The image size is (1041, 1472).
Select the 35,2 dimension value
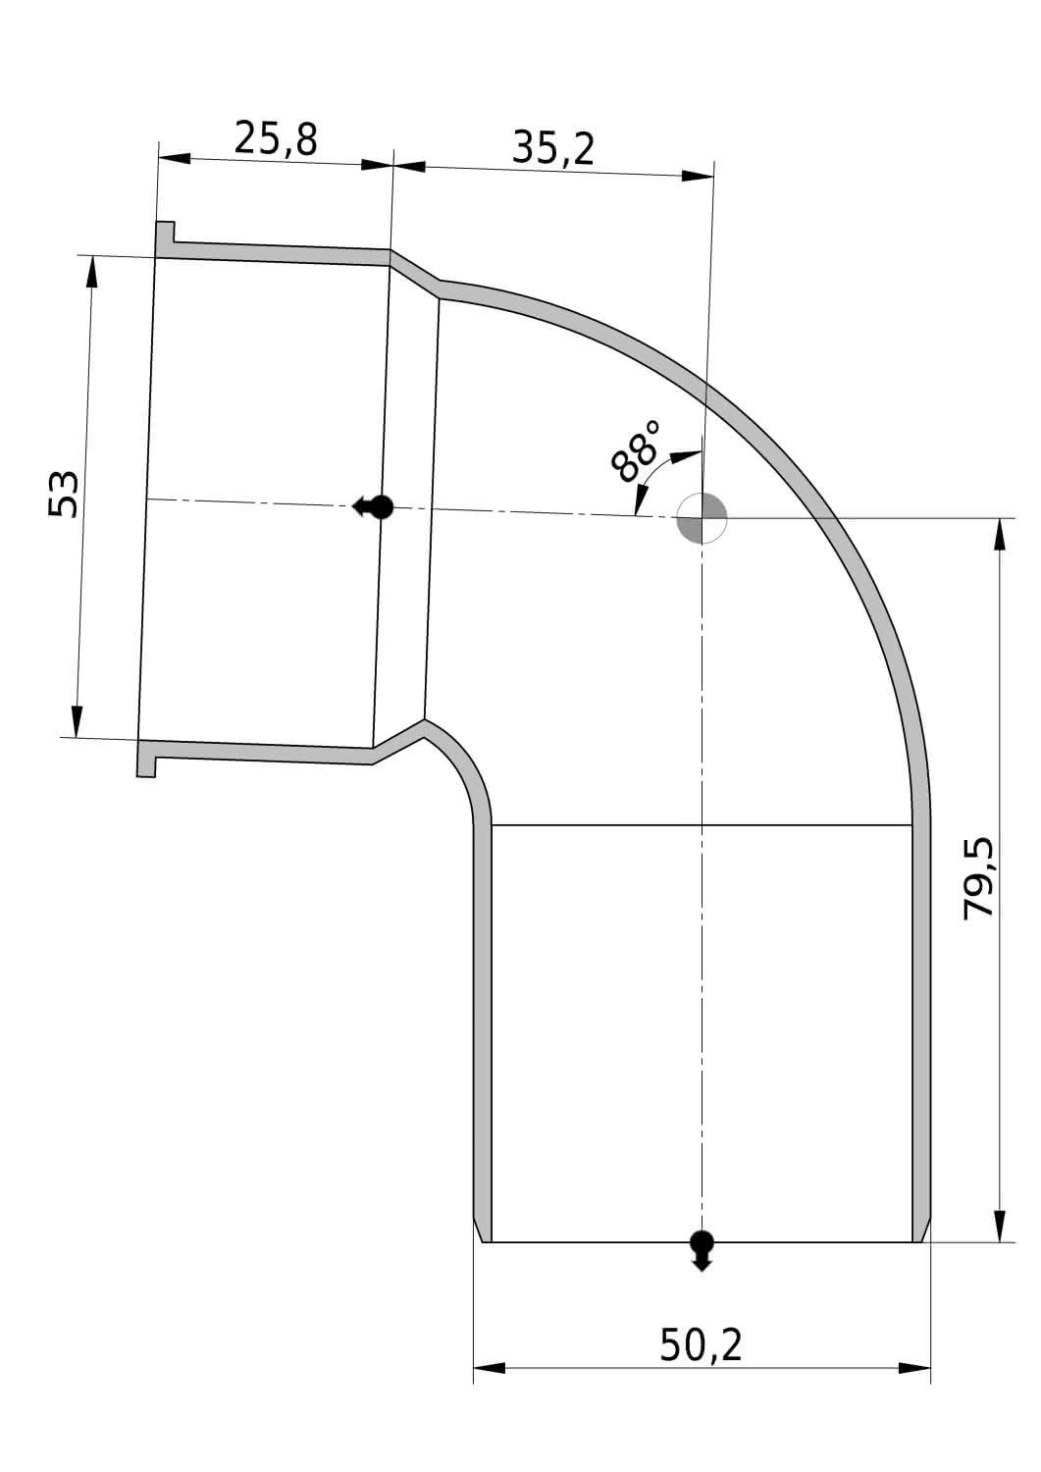tap(553, 148)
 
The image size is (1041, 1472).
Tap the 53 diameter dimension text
tap(64, 494)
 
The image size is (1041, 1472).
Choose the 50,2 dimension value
tap(701, 1343)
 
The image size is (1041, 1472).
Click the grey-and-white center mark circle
tap(702, 518)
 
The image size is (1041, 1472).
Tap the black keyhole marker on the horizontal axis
tap(373, 507)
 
